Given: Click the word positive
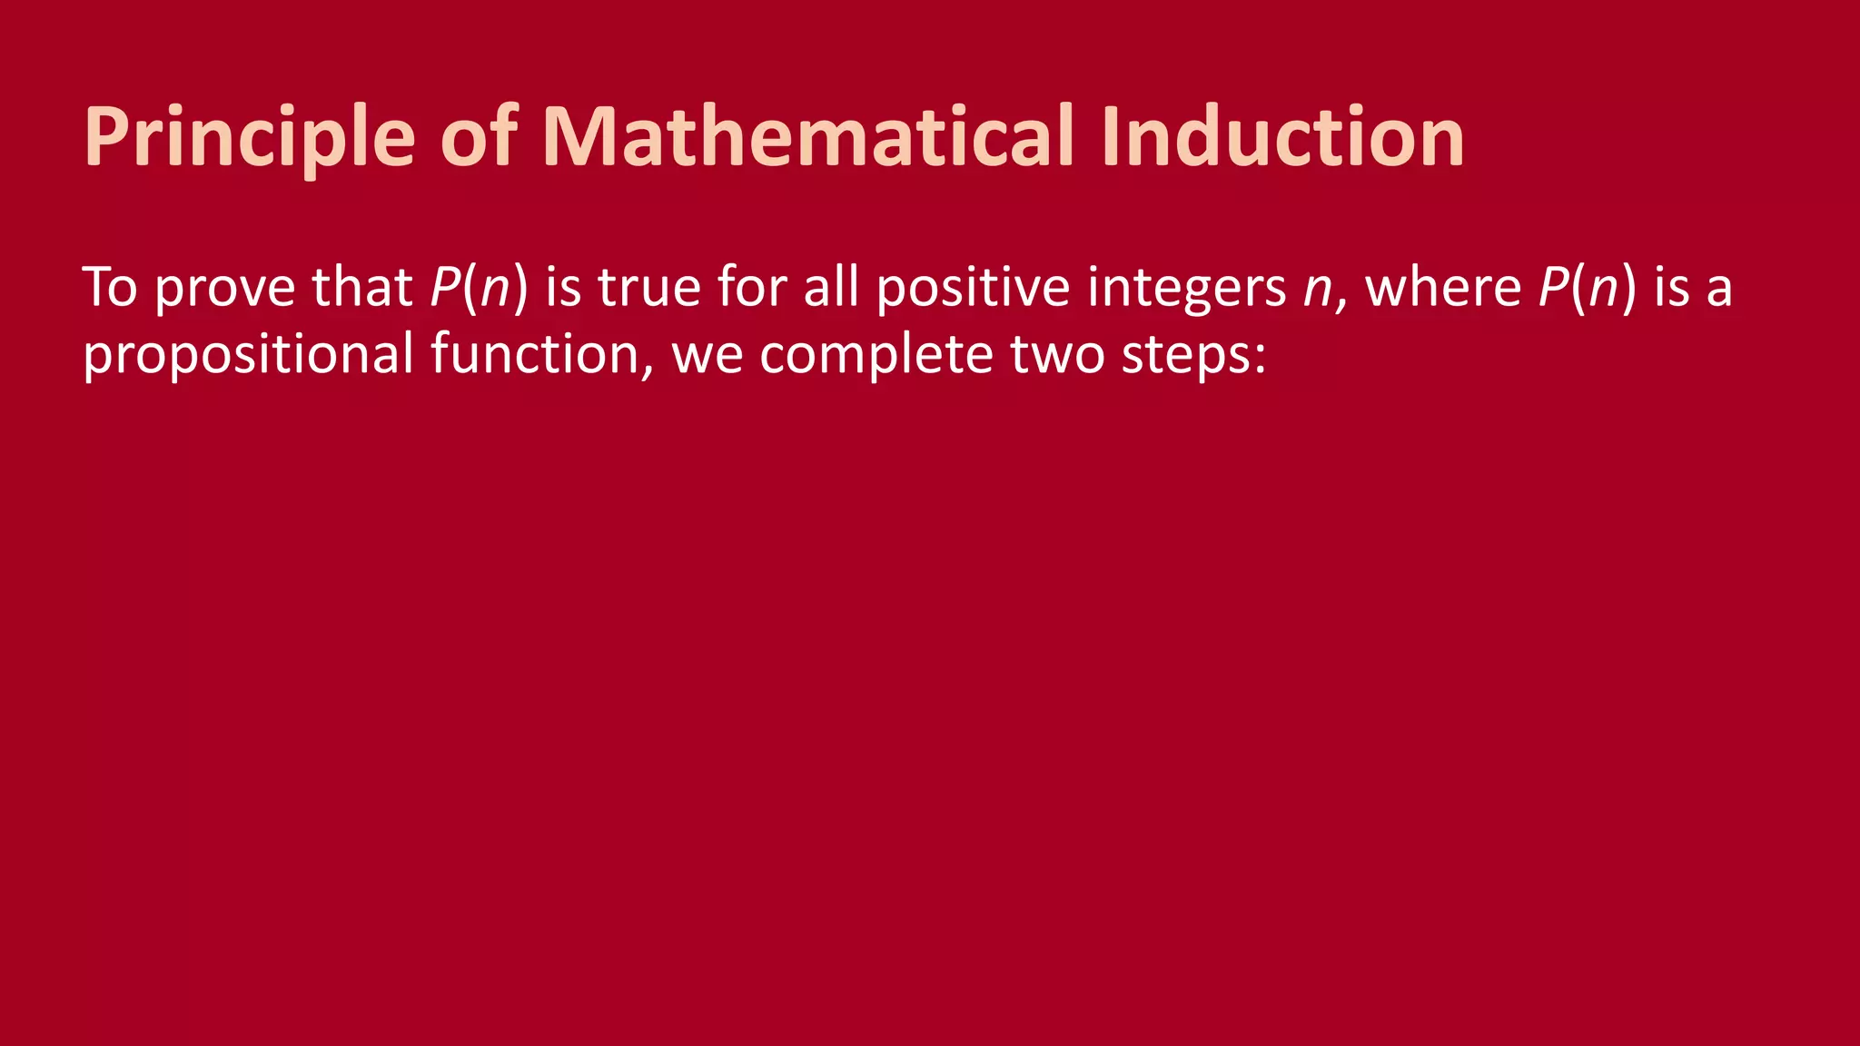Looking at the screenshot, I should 973,289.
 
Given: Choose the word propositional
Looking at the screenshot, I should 248,354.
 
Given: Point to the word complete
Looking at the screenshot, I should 876,354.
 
